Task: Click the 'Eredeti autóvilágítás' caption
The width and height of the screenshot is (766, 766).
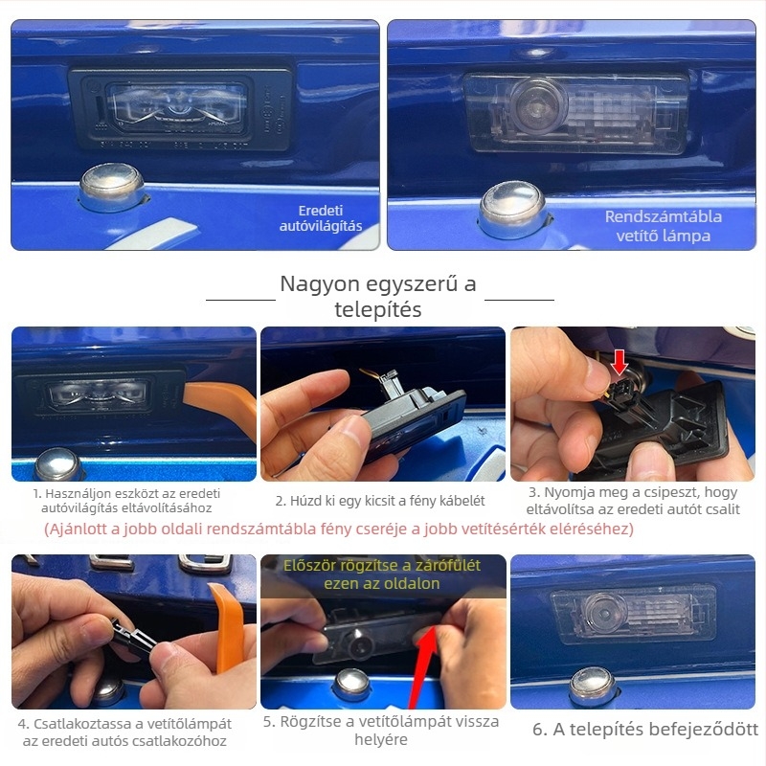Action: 321,218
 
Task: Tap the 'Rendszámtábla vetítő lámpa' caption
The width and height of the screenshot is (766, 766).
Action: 663,226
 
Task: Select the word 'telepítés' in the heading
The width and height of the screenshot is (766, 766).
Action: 378,309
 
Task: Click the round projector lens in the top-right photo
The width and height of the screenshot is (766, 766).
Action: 536,105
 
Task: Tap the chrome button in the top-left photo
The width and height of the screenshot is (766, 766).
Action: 112,188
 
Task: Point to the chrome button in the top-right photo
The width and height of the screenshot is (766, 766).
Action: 513,209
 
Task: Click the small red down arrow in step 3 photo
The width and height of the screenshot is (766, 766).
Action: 620,363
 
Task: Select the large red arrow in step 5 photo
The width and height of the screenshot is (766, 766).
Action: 423,665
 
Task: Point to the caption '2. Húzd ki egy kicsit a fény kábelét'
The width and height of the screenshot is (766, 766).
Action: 380,501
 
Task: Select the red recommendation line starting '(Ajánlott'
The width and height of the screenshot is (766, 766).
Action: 339,529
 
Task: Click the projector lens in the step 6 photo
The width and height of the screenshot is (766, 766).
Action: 605,613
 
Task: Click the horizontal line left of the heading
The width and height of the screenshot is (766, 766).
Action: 241,300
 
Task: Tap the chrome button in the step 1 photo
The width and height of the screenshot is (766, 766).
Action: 57,464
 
